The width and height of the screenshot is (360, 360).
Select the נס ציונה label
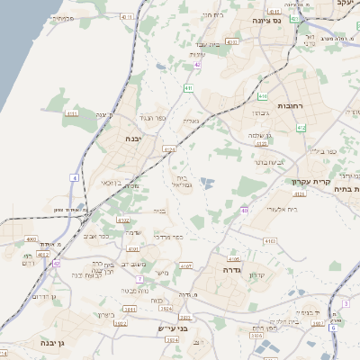(290, 20)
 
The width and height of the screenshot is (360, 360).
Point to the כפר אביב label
(97, 236)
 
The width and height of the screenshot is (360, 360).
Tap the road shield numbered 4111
(72, 113)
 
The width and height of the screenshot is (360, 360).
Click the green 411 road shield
(187, 88)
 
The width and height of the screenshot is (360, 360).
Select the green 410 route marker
(262, 95)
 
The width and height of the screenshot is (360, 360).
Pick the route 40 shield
(244, 210)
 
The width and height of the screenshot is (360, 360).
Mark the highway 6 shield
(332, 328)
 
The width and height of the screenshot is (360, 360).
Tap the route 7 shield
(139, 279)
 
